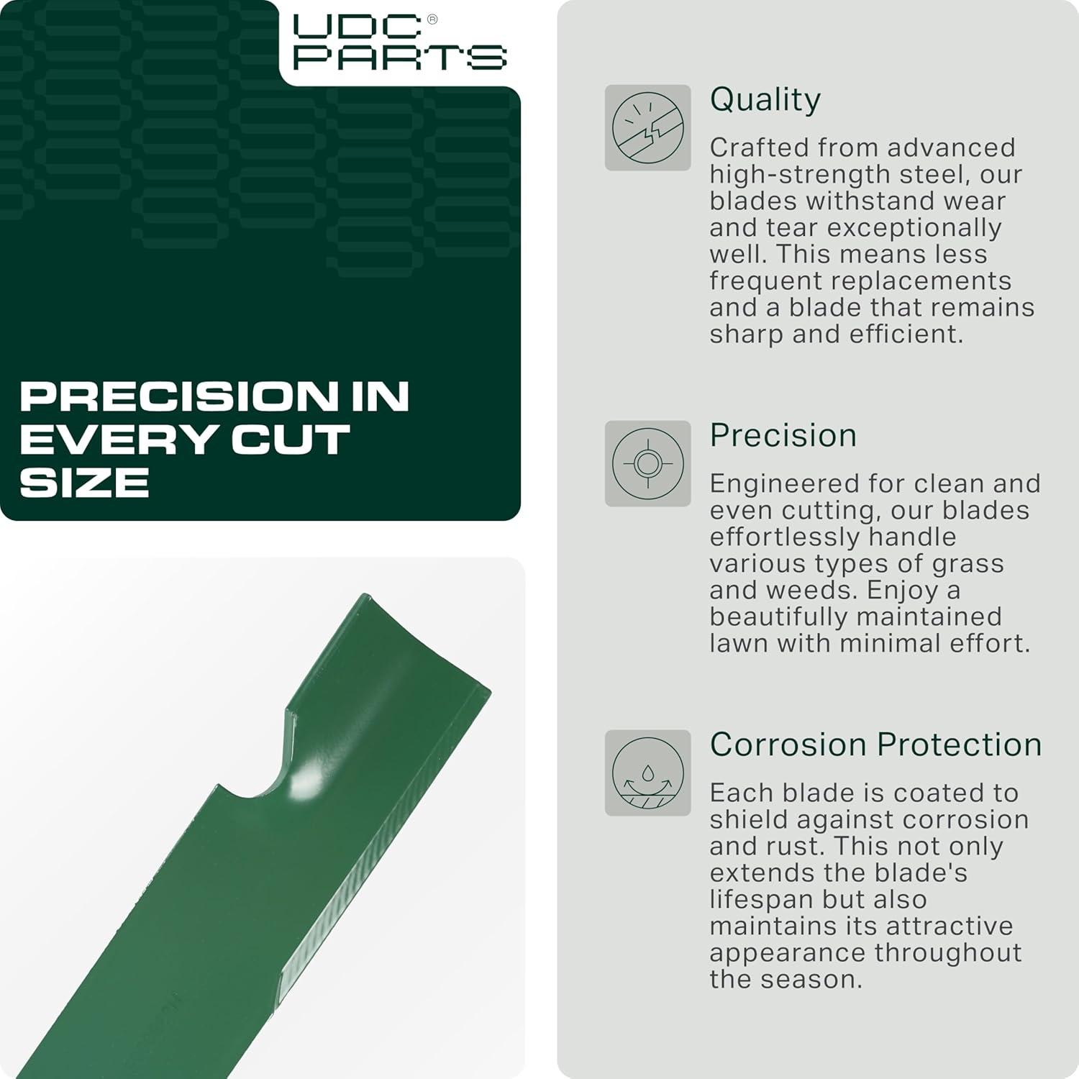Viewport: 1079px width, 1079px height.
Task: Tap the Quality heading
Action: point(765,100)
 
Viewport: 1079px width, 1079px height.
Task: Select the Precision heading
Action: point(783,435)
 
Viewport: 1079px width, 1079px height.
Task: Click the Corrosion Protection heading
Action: point(875,745)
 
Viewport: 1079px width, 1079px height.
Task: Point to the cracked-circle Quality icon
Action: point(647,128)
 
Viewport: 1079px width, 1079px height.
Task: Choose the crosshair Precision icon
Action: point(647,463)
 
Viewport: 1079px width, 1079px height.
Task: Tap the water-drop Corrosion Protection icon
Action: point(647,773)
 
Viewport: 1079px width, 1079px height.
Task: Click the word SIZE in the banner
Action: point(84,482)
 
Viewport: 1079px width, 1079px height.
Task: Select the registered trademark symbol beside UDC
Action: point(432,20)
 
